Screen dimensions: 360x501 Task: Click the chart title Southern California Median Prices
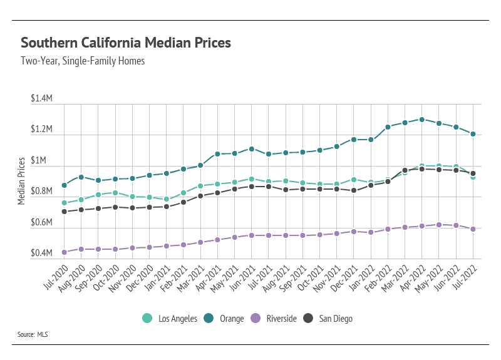(x=126, y=43)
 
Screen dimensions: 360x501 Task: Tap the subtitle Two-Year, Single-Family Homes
(x=83, y=61)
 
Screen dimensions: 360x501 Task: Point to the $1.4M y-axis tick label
(x=41, y=100)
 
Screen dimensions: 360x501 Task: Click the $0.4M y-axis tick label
(x=41, y=254)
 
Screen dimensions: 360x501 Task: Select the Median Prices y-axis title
(x=21, y=182)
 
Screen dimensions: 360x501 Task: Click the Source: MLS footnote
(x=33, y=335)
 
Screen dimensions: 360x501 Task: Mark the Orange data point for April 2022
(x=422, y=120)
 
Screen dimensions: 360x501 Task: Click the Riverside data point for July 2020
(x=65, y=252)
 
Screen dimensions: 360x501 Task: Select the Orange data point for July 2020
(x=65, y=185)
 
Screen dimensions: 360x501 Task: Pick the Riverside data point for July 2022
(x=473, y=229)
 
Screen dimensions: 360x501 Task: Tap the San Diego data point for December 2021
(x=354, y=190)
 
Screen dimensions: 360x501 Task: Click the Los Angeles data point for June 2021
(x=252, y=179)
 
